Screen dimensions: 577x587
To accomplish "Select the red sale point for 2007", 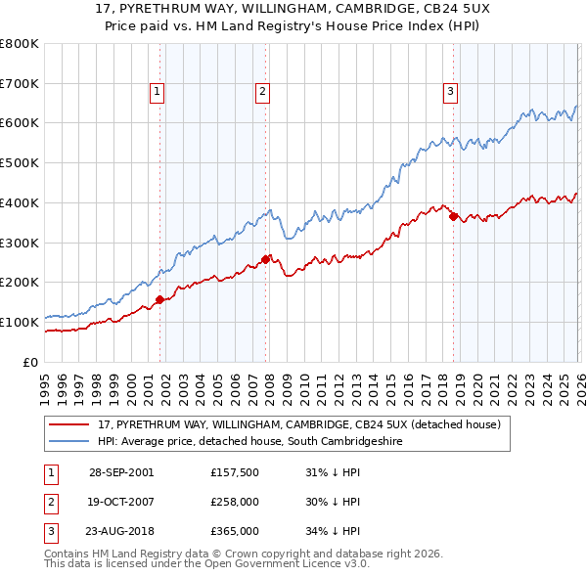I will pyautogui.click(x=265, y=259).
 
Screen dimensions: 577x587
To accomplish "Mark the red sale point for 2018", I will pyautogui.click(x=453, y=216).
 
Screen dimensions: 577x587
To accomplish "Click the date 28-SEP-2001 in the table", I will pyautogui.click(x=121, y=472).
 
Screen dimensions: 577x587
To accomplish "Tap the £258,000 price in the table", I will pyautogui.click(x=234, y=502).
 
